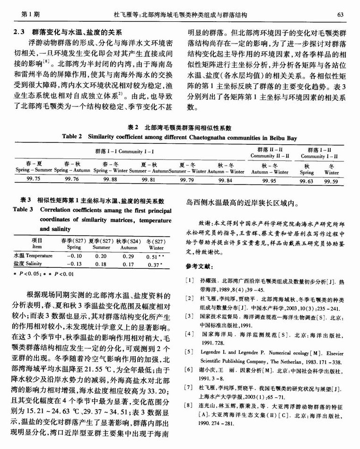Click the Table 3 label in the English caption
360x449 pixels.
[23, 209]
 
